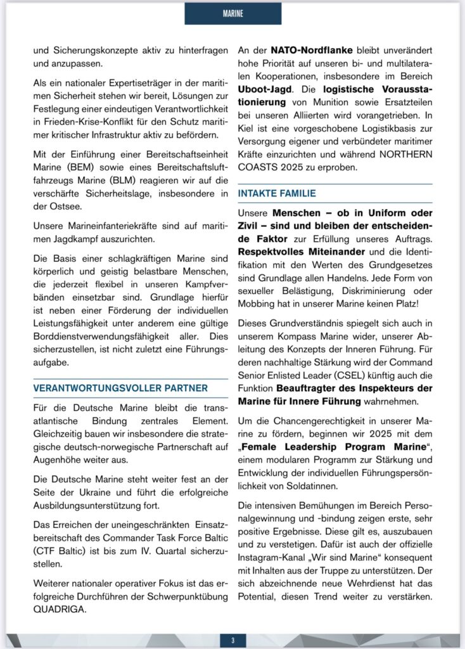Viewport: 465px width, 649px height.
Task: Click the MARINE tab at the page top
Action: (x=232, y=13)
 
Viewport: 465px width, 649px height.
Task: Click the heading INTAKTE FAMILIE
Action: (x=276, y=193)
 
